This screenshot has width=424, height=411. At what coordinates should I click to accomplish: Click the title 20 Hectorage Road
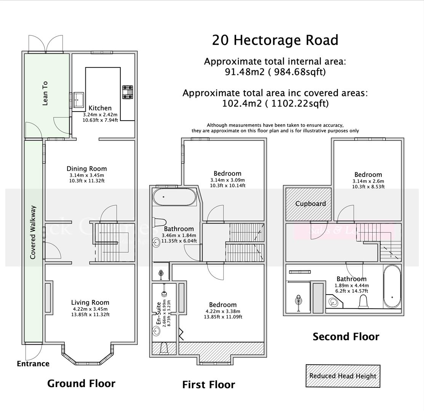pos(275,40)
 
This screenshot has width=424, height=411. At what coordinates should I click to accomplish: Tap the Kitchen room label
pos(100,108)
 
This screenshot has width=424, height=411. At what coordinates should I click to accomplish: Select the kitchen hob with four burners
pos(128,92)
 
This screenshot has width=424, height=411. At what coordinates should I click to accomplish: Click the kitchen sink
pos(79,99)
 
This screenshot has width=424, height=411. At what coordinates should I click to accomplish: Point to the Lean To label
pos(45,93)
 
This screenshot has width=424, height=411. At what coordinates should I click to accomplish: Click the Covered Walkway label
pos(33,232)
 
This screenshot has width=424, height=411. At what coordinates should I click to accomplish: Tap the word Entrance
pos(33,364)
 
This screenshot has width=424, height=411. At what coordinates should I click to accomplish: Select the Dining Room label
pos(86,169)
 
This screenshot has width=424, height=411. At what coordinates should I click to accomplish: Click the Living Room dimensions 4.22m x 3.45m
pos(90,309)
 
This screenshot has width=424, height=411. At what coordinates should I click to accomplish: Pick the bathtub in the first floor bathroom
pos(174,197)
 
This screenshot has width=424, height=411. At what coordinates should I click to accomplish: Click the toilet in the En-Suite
pos(165,348)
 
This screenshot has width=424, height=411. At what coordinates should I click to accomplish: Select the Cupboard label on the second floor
pos(310,204)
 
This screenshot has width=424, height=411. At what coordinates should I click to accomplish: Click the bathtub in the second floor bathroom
pos(392,286)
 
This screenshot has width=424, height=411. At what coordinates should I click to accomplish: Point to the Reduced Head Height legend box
pos(343,376)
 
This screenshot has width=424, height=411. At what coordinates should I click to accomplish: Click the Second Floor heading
pos(346,337)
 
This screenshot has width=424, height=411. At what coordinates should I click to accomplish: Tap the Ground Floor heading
pos(81,384)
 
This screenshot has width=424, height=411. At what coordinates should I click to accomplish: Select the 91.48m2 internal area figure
pos(244,72)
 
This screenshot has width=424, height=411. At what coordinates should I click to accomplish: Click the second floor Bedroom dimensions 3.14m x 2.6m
pos(368,181)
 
